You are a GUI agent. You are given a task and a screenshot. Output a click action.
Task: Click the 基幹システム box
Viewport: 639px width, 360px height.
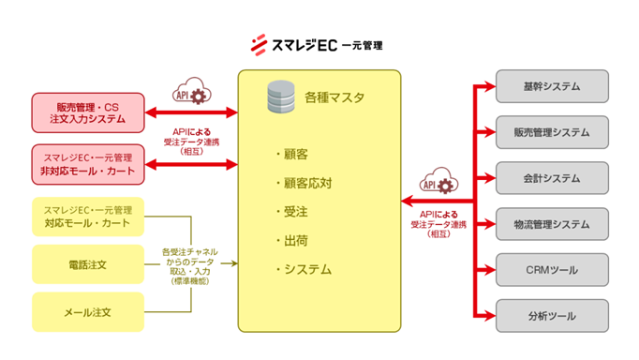(x=552, y=87)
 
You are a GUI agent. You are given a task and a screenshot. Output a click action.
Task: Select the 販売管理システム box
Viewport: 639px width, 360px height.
(x=552, y=132)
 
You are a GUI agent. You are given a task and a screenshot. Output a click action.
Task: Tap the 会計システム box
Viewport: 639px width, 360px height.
(x=552, y=177)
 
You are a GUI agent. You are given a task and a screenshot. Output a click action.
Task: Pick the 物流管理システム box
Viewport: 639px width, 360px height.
(x=552, y=223)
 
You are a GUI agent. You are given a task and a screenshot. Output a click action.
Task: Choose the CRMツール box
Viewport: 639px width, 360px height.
(x=552, y=269)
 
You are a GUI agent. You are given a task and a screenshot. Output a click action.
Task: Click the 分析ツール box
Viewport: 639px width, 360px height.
(x=552, y=315)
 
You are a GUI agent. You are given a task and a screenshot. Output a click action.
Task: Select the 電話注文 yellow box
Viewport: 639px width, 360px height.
(x=88, y=265)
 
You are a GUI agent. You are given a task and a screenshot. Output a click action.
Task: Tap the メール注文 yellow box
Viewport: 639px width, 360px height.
(x=88, y=311)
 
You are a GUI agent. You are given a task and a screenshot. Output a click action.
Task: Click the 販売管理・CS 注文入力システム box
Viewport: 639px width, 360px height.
(x=88, y=112)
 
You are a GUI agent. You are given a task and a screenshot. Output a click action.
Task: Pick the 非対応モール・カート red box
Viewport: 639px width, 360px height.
(x=88, y=164)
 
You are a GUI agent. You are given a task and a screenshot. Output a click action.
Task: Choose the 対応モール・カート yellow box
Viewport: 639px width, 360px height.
(x=88, y=217)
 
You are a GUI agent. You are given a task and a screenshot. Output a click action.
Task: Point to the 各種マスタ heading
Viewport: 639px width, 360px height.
(x=334, y=97)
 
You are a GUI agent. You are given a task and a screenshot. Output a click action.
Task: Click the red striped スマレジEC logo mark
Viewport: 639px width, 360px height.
(x=260, y=44)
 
